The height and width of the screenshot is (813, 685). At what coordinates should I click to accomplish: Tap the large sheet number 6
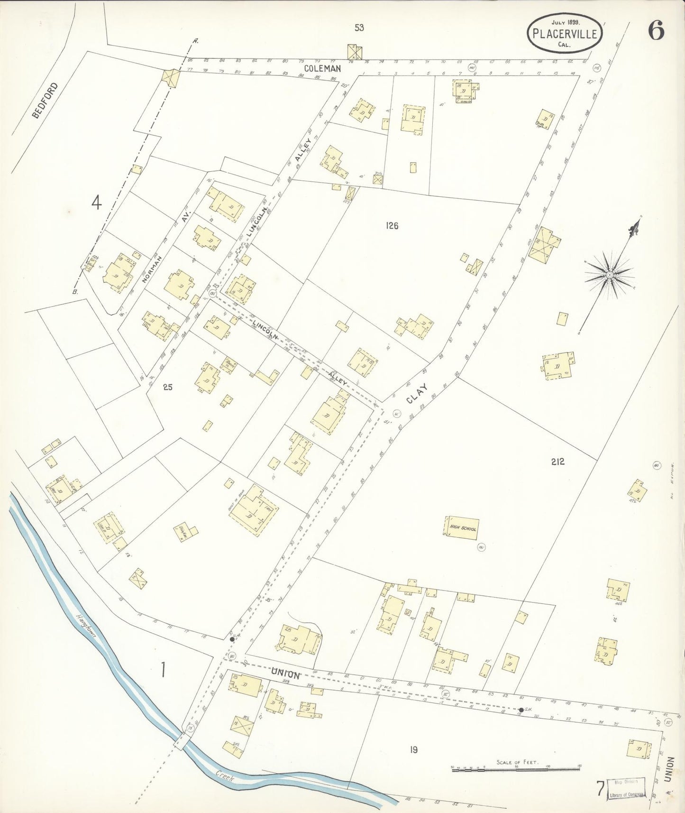pyautogui.click(x=656, y=31)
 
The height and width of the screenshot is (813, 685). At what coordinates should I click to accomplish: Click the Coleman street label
pyautogui.click(x=322, y=69)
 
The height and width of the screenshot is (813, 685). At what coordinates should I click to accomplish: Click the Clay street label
pyautogui.click(x=417, y=393)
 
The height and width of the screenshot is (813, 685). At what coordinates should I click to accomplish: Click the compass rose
pyautogui.click(x=610, y=275)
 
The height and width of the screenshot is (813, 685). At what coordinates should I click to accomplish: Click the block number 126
pyautogui.click(x=392, y=226)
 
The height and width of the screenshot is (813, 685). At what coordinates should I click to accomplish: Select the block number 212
pyautogui.click(x=557, y=462)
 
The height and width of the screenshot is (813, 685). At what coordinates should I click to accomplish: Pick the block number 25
pyautogui.click(x=167, y=387)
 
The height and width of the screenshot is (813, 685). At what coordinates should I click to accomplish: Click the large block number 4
pyautogui.click(x=97, y=203)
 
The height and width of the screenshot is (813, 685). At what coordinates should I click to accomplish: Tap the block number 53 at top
pyautogui.click(x=359, y=28)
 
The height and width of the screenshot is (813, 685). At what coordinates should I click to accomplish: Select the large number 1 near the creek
pyautogui.click(x=163, y=670)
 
